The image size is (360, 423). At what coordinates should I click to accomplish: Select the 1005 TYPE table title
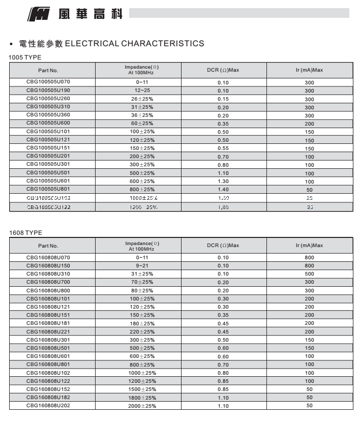coord(25,57)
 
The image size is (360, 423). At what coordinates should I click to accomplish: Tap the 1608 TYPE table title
coord(25,233)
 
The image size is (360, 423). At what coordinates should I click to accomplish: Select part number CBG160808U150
coord(48,265)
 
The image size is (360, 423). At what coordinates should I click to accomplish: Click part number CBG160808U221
coord(48,331)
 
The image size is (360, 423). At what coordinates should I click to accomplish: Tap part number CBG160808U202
coord(48,406)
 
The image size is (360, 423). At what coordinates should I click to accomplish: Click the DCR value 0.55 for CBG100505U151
coord(223,148)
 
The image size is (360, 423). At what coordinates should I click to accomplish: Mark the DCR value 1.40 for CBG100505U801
coord(223,189)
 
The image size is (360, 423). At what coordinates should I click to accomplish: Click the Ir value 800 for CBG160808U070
coord(309,258)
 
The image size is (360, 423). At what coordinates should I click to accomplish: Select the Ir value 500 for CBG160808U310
coord(309,274)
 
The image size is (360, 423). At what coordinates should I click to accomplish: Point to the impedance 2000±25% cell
coord(142,406)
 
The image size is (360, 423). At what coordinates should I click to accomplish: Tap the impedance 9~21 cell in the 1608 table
coord(142,266)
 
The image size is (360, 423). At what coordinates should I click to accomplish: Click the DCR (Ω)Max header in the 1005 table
coord(223,70)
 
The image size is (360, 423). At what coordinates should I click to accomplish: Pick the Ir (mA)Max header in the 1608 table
coord(309,246)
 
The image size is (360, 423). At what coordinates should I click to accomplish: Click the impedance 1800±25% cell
coord(142,398)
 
